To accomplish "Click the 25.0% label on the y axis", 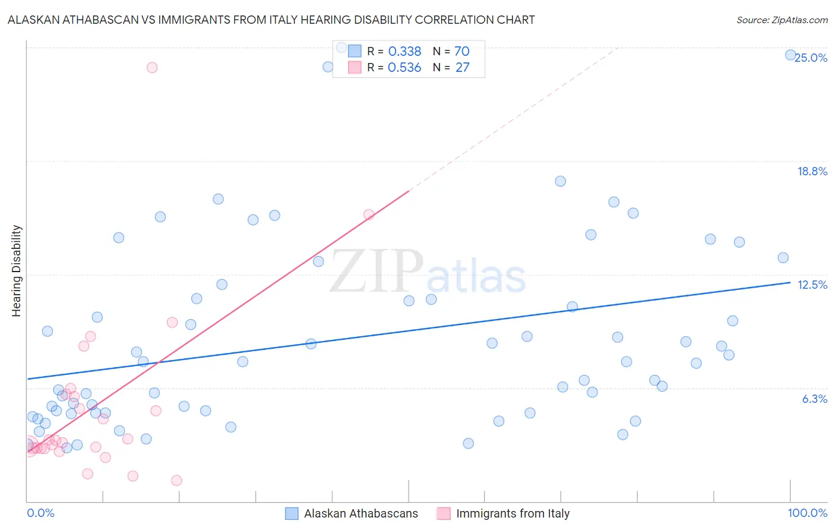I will [x=811, y=58].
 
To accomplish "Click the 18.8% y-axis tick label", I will [x=812, y=171].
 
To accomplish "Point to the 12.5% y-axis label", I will [x=812, y=285].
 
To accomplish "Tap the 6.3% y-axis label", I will [x=814, y=399].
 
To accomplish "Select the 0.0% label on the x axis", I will [x=40, y=513].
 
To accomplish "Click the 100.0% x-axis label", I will [x=807, y=513].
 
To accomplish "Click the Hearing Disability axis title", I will [x=17, y=270].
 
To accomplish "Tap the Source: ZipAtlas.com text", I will [x=782, y=20].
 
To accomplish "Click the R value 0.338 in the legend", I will [x=404, y=52].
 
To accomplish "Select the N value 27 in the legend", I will [x=462, y=68].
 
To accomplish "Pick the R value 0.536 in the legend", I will [x=404, y=68].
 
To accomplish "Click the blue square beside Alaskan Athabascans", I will [x=292, y=513].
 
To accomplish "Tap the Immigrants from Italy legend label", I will [x=513, y=513].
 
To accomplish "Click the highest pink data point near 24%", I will [x=152, y=67].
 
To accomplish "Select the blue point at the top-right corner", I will [x=790, y=55].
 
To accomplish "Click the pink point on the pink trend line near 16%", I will [x=369, y=214].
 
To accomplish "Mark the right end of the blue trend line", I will [x=790, y=283].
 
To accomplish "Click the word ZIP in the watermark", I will [x=377, y=272].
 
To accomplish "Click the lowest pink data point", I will [x=176, y=480].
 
